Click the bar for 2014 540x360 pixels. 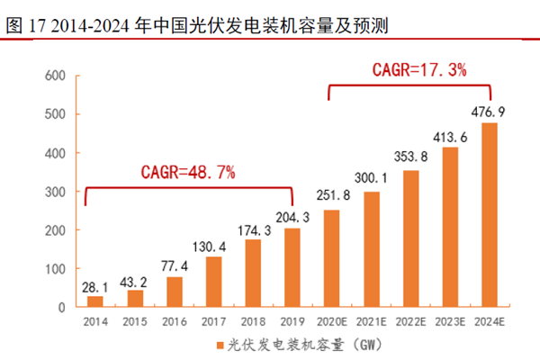tap(94, 301)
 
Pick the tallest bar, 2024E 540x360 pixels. tap(490, 215)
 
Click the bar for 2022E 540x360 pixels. tap(411, 238)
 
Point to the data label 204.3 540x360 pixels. tap(292, 219)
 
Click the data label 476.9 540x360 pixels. tap(490, 112)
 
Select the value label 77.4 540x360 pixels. tap(175, 267)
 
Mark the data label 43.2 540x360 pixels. tap(135, 281)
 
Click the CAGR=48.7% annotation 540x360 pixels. tap(188, 172)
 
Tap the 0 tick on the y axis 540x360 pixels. tap(60, 308)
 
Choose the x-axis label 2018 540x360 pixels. tap(253, 320)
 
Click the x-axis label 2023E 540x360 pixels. tap(450, 320)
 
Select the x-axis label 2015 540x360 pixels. tap(135, 320)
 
